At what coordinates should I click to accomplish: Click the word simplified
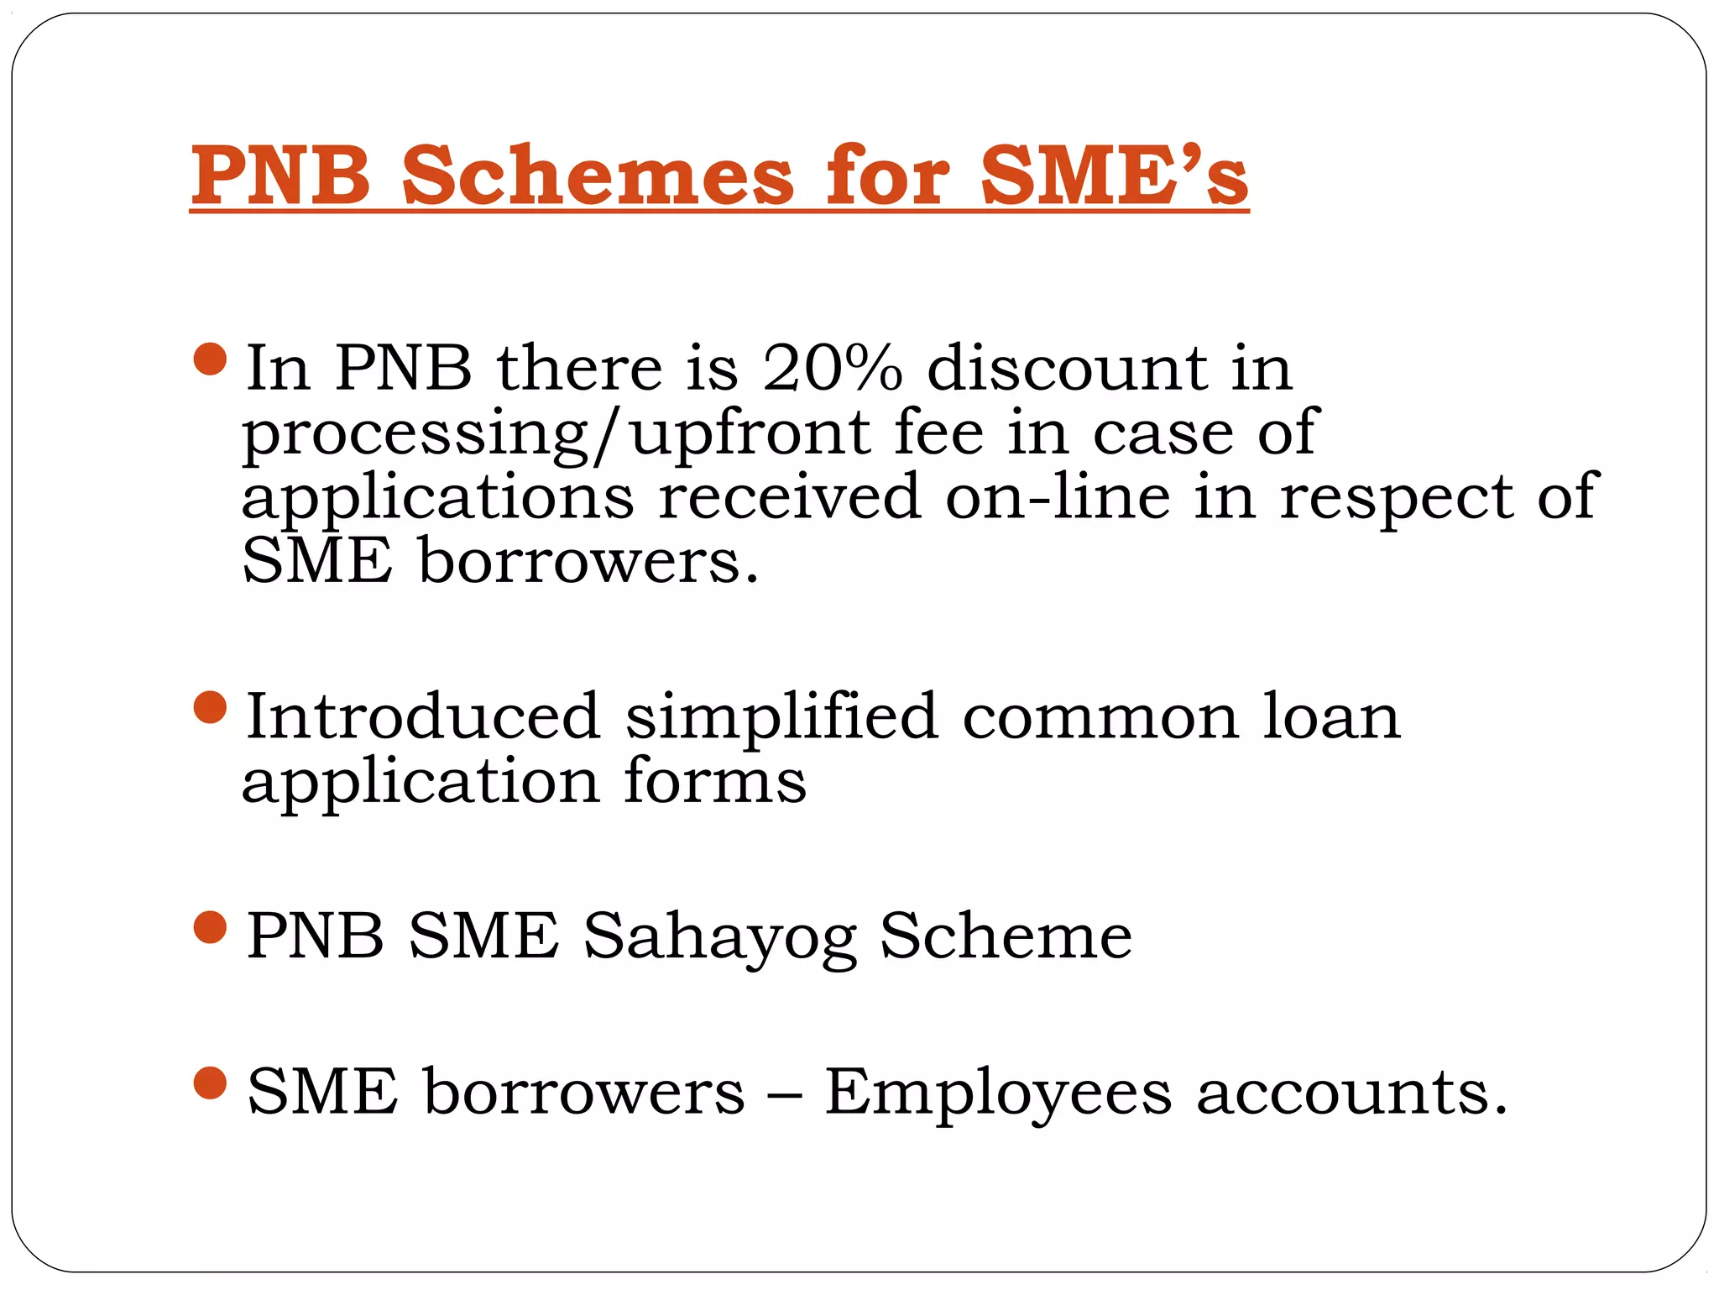point(781,719)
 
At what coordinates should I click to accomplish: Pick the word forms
point(714,781)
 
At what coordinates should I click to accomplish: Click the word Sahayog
point(720,937)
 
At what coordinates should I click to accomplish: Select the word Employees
point(998,1094)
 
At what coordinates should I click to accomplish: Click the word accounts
point(1351,1093)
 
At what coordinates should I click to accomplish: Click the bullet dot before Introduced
point(210,707)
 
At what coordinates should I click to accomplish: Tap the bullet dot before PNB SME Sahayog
point(210,927)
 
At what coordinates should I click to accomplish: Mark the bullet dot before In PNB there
point(210,359)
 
